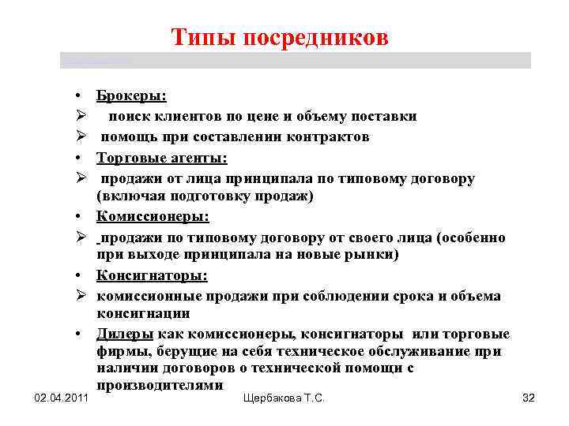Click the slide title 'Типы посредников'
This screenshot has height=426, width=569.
(x=280, y=38)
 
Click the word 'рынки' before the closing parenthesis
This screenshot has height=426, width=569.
(x=373, y=254)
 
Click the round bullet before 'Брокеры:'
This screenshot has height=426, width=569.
(x=82, y=97)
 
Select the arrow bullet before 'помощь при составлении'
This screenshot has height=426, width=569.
(x=81, y=137)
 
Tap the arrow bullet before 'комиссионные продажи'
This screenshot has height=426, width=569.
(x=81, y=295)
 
